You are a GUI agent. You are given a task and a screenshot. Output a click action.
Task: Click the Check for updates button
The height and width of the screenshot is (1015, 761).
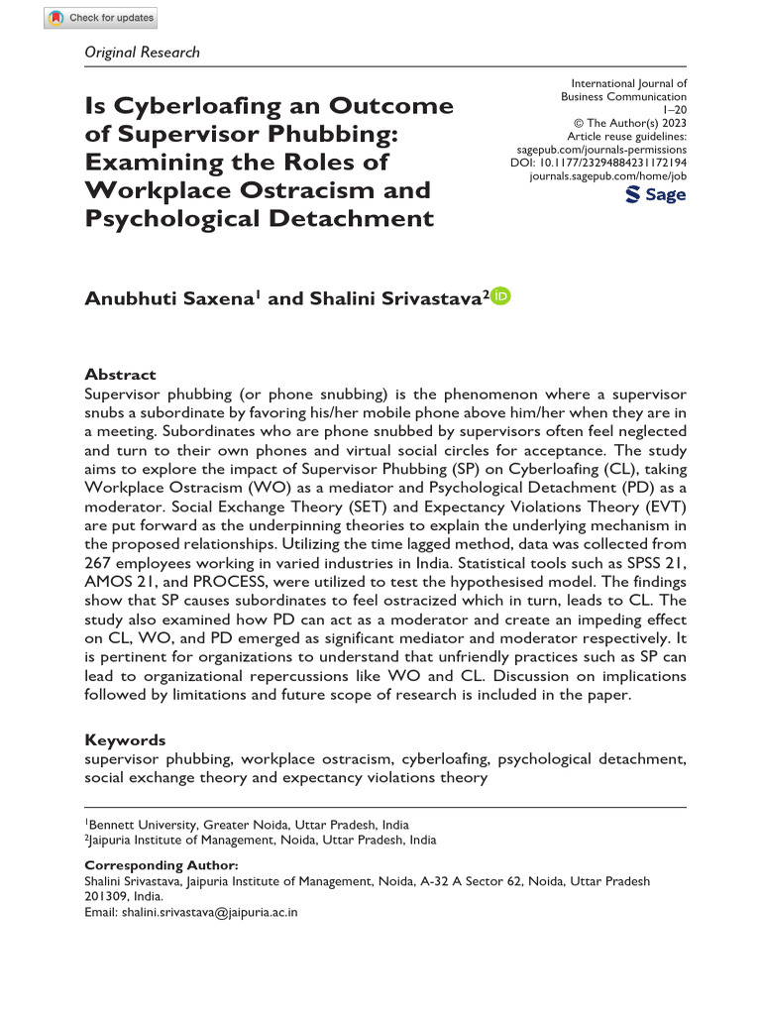tap(100, 18)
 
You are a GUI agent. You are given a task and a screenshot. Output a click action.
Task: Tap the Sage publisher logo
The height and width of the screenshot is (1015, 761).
tap(656, 195)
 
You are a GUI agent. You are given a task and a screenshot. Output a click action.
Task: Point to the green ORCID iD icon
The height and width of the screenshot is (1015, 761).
tap(500, 296)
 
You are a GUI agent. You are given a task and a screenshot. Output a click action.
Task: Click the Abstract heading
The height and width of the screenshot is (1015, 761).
tap(120, 375)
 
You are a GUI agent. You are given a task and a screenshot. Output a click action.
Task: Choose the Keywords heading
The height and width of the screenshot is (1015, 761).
tap(125, 740)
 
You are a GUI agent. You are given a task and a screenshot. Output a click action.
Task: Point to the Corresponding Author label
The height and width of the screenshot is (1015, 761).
tap(161, 865)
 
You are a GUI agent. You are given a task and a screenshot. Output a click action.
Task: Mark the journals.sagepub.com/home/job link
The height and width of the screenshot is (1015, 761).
tap(608, 175)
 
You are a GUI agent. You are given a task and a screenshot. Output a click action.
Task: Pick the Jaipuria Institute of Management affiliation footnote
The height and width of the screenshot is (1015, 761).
tap(261, 840)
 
